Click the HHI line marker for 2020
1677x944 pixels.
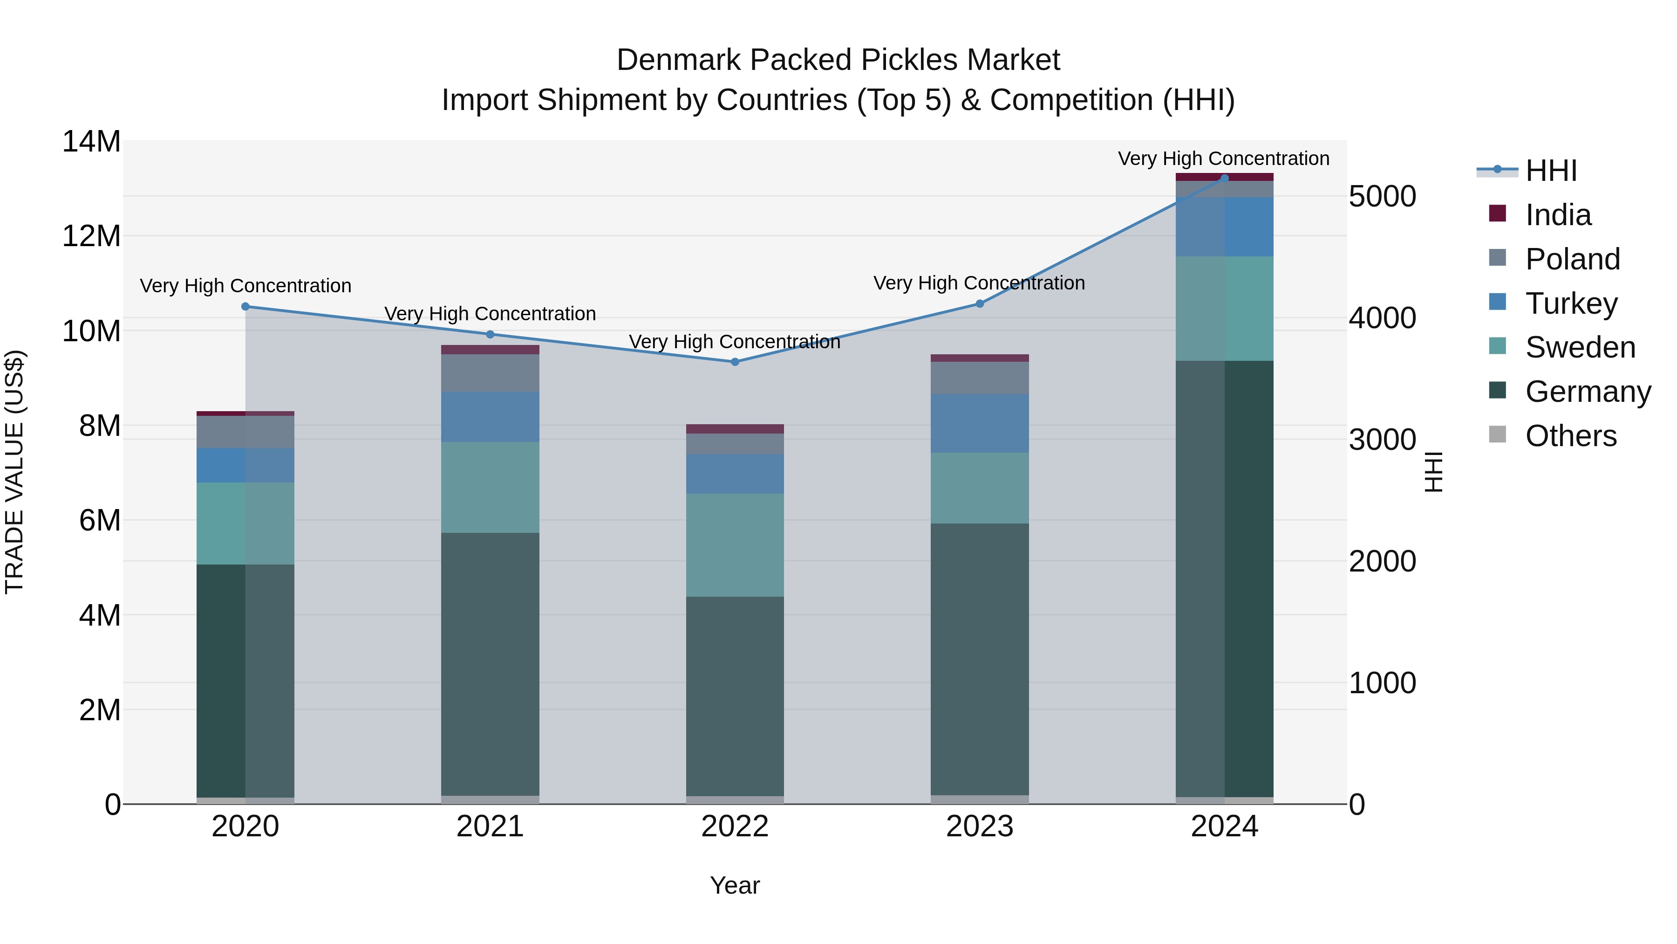245,306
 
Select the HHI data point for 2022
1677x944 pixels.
735,362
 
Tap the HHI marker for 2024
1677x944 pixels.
1225,178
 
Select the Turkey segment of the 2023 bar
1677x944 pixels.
980,423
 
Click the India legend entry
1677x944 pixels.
1558,215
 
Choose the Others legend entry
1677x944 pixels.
1570,436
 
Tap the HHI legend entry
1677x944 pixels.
1551,171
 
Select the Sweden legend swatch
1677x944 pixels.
1497,346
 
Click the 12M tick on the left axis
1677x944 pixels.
91,236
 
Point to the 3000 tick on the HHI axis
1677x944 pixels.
1382,440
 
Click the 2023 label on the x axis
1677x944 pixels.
980,827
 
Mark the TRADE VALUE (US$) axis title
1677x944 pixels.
14,472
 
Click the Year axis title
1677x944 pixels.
735,885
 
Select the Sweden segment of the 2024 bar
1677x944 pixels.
1225,308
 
